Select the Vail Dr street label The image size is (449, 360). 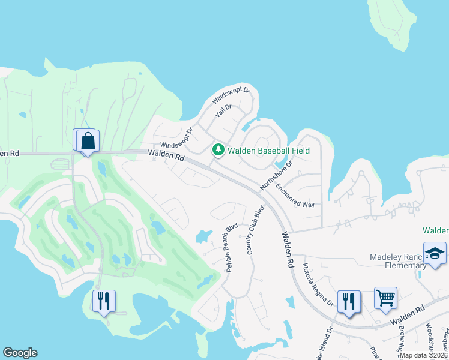coord(223,111)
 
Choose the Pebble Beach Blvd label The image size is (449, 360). coord(232,248)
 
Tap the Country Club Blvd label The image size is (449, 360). coord(255,231)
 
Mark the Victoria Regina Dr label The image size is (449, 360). coord(318,285)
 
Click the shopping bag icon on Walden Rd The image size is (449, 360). coord(88,142)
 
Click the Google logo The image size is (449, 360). coord(20,353)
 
